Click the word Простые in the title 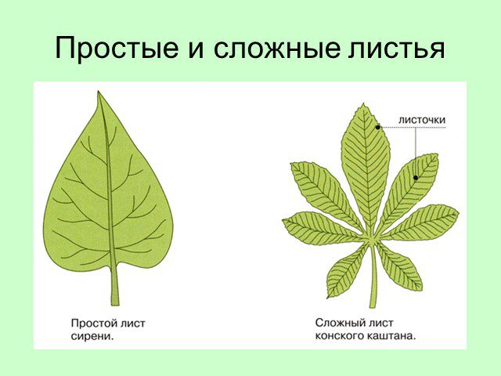117,49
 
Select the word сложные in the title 276,49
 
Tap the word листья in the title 397,49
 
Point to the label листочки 422,120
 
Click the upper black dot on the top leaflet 377,127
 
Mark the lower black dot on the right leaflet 416,178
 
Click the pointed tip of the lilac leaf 98,92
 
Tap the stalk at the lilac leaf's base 114,284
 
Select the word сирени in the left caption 92,336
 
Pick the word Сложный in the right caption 338,323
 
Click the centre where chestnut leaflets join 372,239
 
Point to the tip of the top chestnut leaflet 363,104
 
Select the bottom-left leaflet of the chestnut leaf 348,272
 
